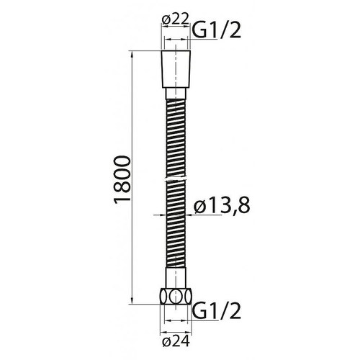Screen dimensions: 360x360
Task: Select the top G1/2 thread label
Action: pos(215,30)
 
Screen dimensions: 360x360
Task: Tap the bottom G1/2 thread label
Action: pos(215,310)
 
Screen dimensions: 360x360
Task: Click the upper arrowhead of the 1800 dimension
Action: pos(132,55)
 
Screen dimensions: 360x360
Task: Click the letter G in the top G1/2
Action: pos(199,30)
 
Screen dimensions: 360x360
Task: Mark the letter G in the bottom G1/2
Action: pos(199,310)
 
